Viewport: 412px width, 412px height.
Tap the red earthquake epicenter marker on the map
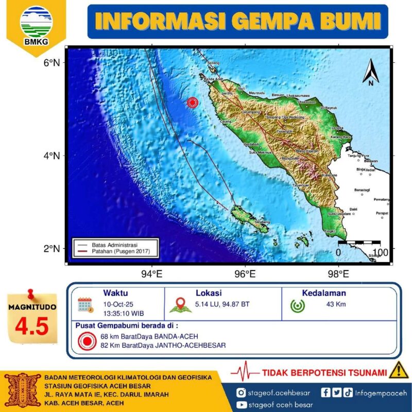click(x=193, y=102)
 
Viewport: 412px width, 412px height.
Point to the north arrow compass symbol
click(x=371, y=72)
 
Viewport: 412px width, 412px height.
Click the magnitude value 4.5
click(x=32, y=325)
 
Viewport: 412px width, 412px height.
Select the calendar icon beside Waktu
click(x=85, y=305)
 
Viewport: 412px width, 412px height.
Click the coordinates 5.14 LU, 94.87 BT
click(x=222, y=304)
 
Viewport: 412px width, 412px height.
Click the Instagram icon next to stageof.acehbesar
click(x=241, y=393)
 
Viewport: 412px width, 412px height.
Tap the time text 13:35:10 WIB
click(x=123, y=313)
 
